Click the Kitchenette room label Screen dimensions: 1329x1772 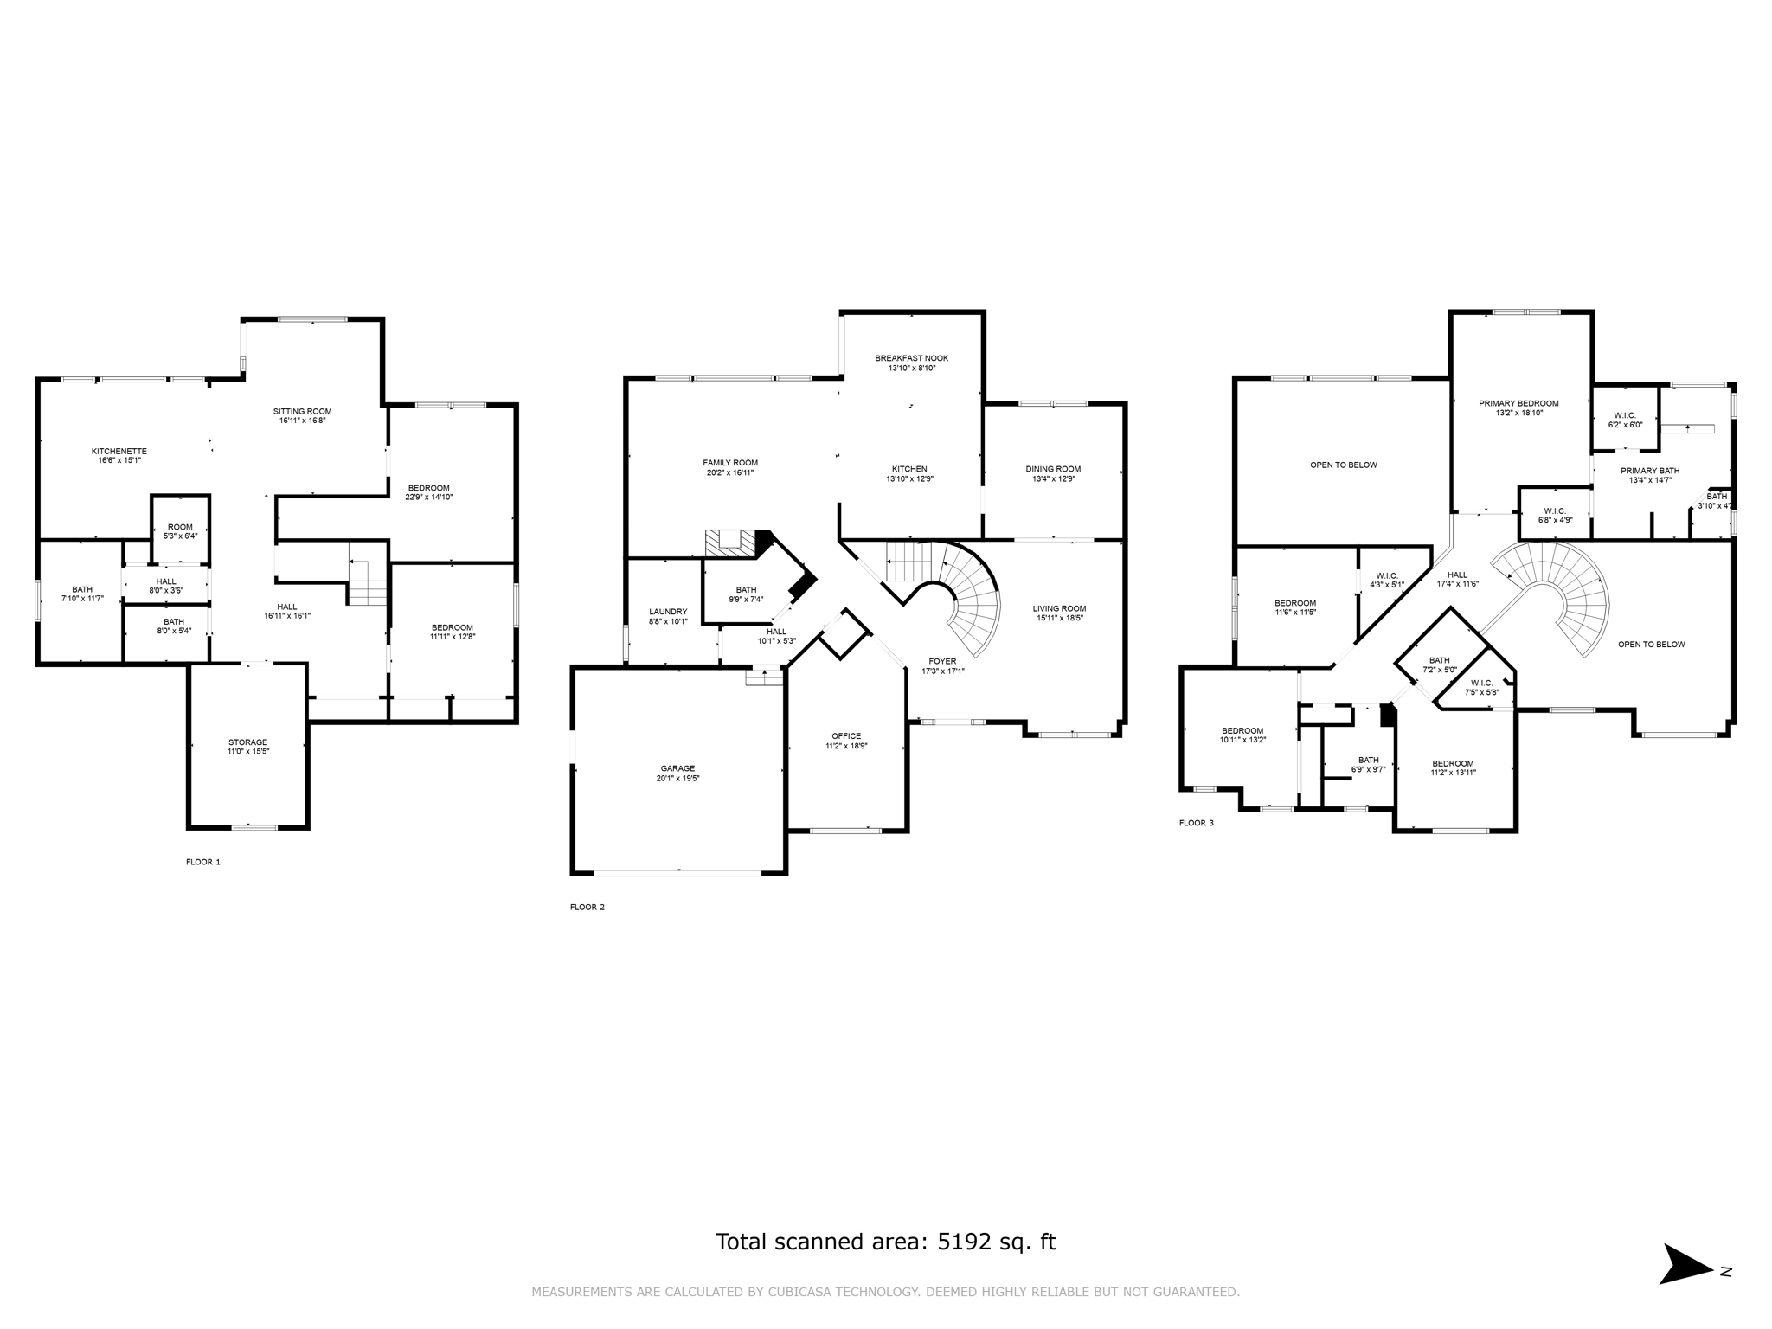point(119,452)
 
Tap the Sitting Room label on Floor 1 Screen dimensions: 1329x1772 point(302,412)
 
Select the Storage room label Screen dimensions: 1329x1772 point(247,742)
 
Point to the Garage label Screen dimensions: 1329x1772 point(677,768)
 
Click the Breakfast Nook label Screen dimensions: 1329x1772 point(911,358)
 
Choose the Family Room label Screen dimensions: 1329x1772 point(729,463)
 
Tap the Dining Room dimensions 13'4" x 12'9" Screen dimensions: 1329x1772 point(1053,478)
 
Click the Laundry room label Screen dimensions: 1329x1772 point(667,612)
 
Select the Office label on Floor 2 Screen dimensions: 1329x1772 point(845,736)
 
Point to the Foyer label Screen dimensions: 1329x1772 point(942,662)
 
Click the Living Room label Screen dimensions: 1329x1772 point(1058,608)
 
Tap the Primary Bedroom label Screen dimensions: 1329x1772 point(1518,403)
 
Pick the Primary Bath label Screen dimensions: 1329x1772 point(1649,471)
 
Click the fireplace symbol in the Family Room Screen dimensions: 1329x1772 point(729,542)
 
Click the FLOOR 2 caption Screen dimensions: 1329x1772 point(587,907)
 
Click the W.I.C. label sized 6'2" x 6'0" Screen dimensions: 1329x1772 point(1624,415)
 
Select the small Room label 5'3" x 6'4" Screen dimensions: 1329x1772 point(180,527)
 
